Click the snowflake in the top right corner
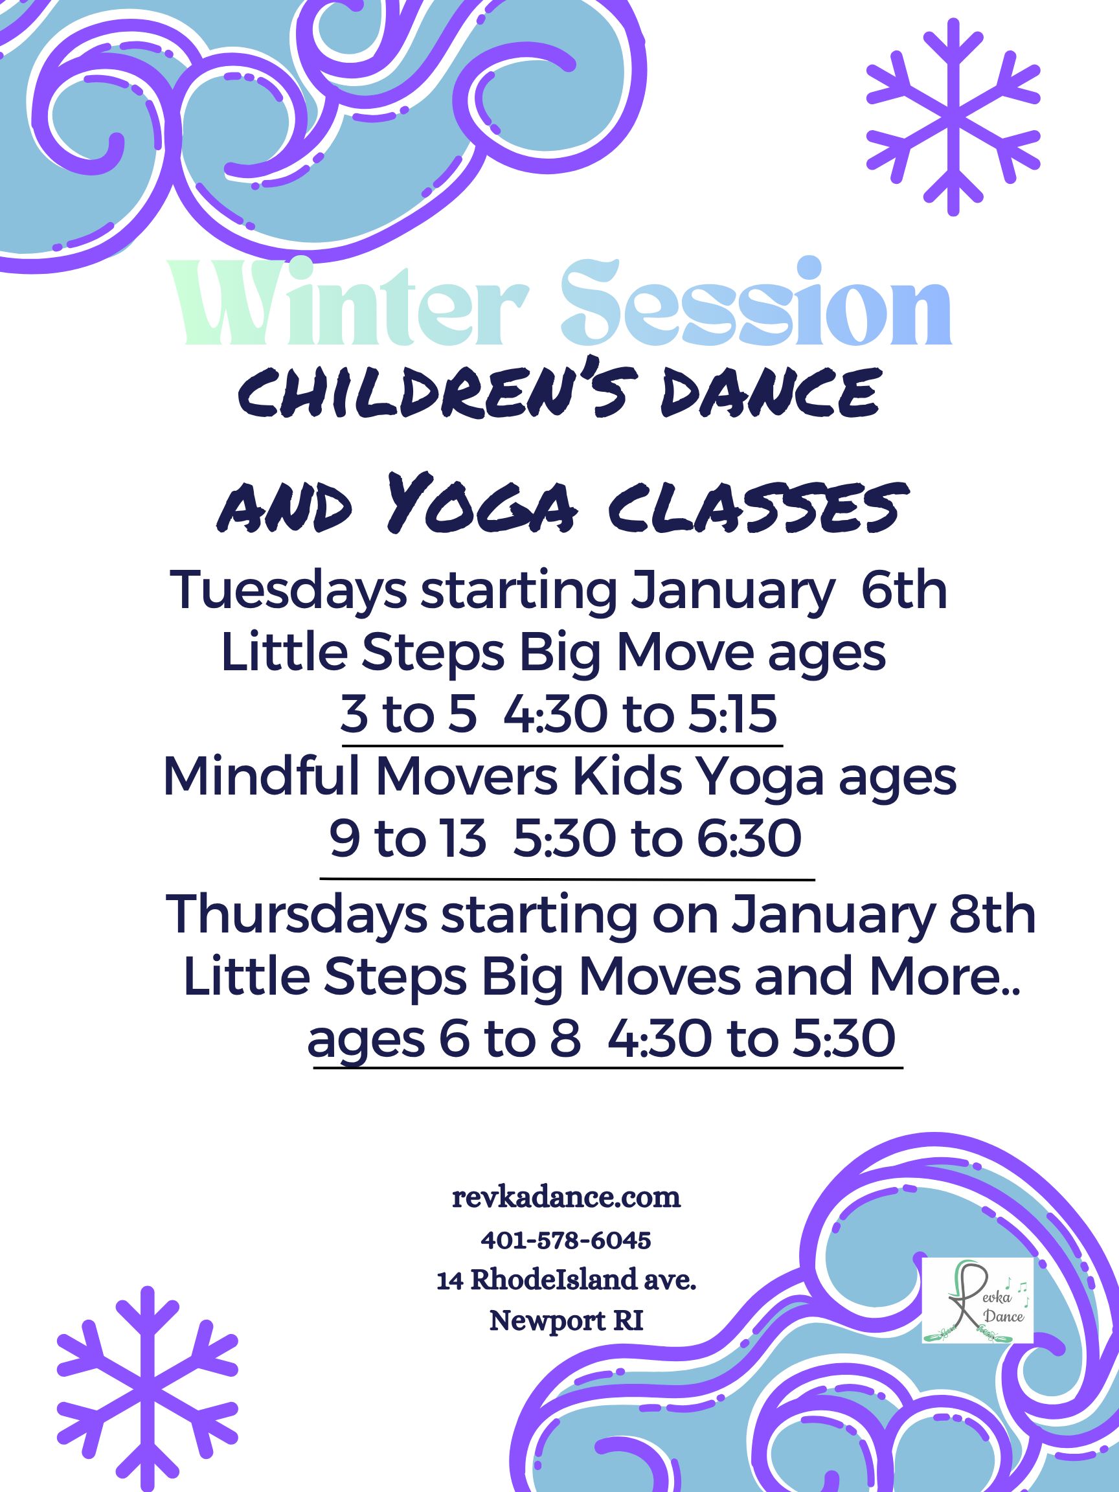953,117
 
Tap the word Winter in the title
348,302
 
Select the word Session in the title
756,302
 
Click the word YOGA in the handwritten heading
483,504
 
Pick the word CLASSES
759,507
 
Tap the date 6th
905,589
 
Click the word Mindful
262,776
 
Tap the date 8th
992,914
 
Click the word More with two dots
945,977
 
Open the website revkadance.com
566,1197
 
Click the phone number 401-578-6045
566,1239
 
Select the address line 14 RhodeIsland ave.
566,1280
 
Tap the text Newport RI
566,1320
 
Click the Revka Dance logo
977,1300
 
